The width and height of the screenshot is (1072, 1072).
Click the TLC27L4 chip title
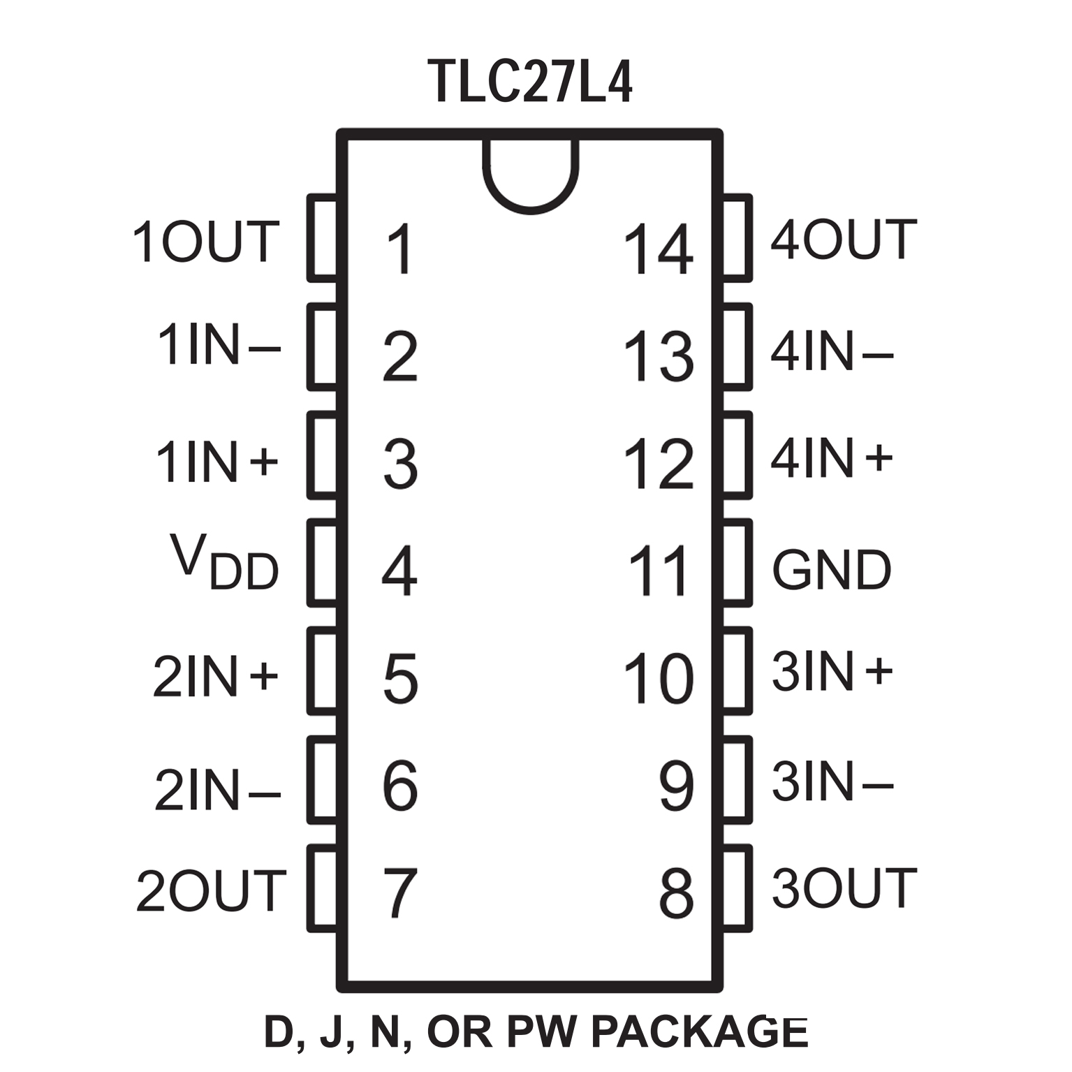click(531, 82)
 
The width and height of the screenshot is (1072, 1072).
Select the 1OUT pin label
click(207, 242)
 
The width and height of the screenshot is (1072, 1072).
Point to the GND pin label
click(832, 569)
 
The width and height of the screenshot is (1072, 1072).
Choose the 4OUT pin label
click(844, 239)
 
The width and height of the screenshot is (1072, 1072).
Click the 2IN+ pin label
click(216, 676)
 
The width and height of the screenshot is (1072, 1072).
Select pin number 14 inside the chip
click(659, 249)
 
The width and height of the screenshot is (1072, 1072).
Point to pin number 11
click(659, 571)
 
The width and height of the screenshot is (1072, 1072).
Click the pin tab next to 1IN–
click(322, 346)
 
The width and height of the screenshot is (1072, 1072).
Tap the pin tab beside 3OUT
click(737, 888)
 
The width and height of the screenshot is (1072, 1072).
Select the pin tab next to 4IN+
click(737, 455)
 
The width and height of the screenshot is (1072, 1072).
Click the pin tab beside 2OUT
click(322, 888)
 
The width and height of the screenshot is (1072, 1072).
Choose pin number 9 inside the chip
click(676, 786)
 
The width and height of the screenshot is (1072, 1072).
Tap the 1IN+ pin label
click(216, 462)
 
